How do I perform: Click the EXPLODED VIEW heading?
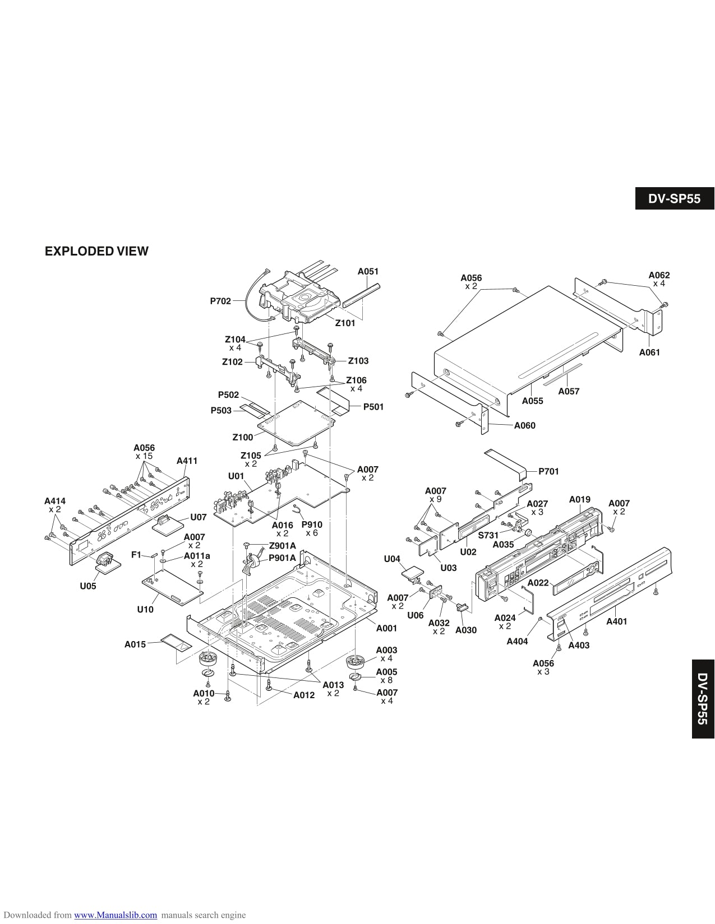[x=96, y=252]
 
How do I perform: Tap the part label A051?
[x=368, y=272]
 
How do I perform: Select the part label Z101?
[x=345, y=323]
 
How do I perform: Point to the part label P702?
[x=220, y=301]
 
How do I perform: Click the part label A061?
[x=649, y=352]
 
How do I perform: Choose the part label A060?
[x=524, y=425]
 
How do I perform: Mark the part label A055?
[x=532, y=401]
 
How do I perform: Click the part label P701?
[x=548, y=472]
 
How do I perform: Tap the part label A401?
[x=617, y=621]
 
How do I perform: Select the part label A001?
[x=386, y=628]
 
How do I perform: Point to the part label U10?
[x=145, y=610]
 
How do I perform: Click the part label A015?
[x=135, y=644]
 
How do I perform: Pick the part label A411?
[x=187, y=461]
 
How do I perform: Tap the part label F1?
[x=136, y=555]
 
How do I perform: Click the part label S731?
[x=488, y=535]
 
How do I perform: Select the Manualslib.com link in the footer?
[x=116, y=915]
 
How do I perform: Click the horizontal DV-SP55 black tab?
[x=675, y=199]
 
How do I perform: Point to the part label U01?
[x=236, y=476]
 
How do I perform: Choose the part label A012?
[x=304, y=695]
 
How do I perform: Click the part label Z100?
[x=243, y=437]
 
